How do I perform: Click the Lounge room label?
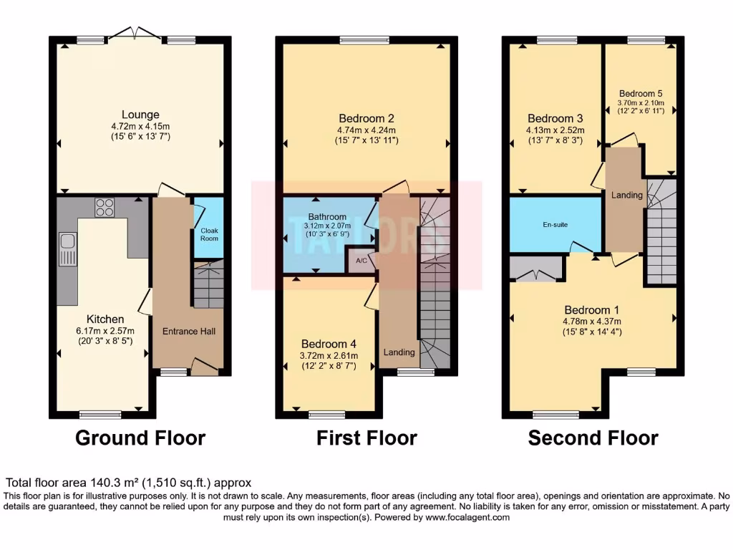point(140,115)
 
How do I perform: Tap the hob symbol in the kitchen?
point(105,207)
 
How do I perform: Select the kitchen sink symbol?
point(67,249)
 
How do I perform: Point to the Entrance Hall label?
point(189,331)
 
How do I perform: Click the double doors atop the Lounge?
point(135,34)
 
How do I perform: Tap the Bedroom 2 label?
point(366,118)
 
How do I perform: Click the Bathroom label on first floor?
point(327,216)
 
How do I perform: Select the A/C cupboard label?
point(362,261)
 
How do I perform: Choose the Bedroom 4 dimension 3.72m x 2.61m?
point(329,355)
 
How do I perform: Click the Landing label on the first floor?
point(399,352)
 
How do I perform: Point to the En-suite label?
point(555,224)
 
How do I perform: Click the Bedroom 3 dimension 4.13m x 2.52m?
point(555,130)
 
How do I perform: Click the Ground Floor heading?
point(140,438)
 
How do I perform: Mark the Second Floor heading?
point(593,438)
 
